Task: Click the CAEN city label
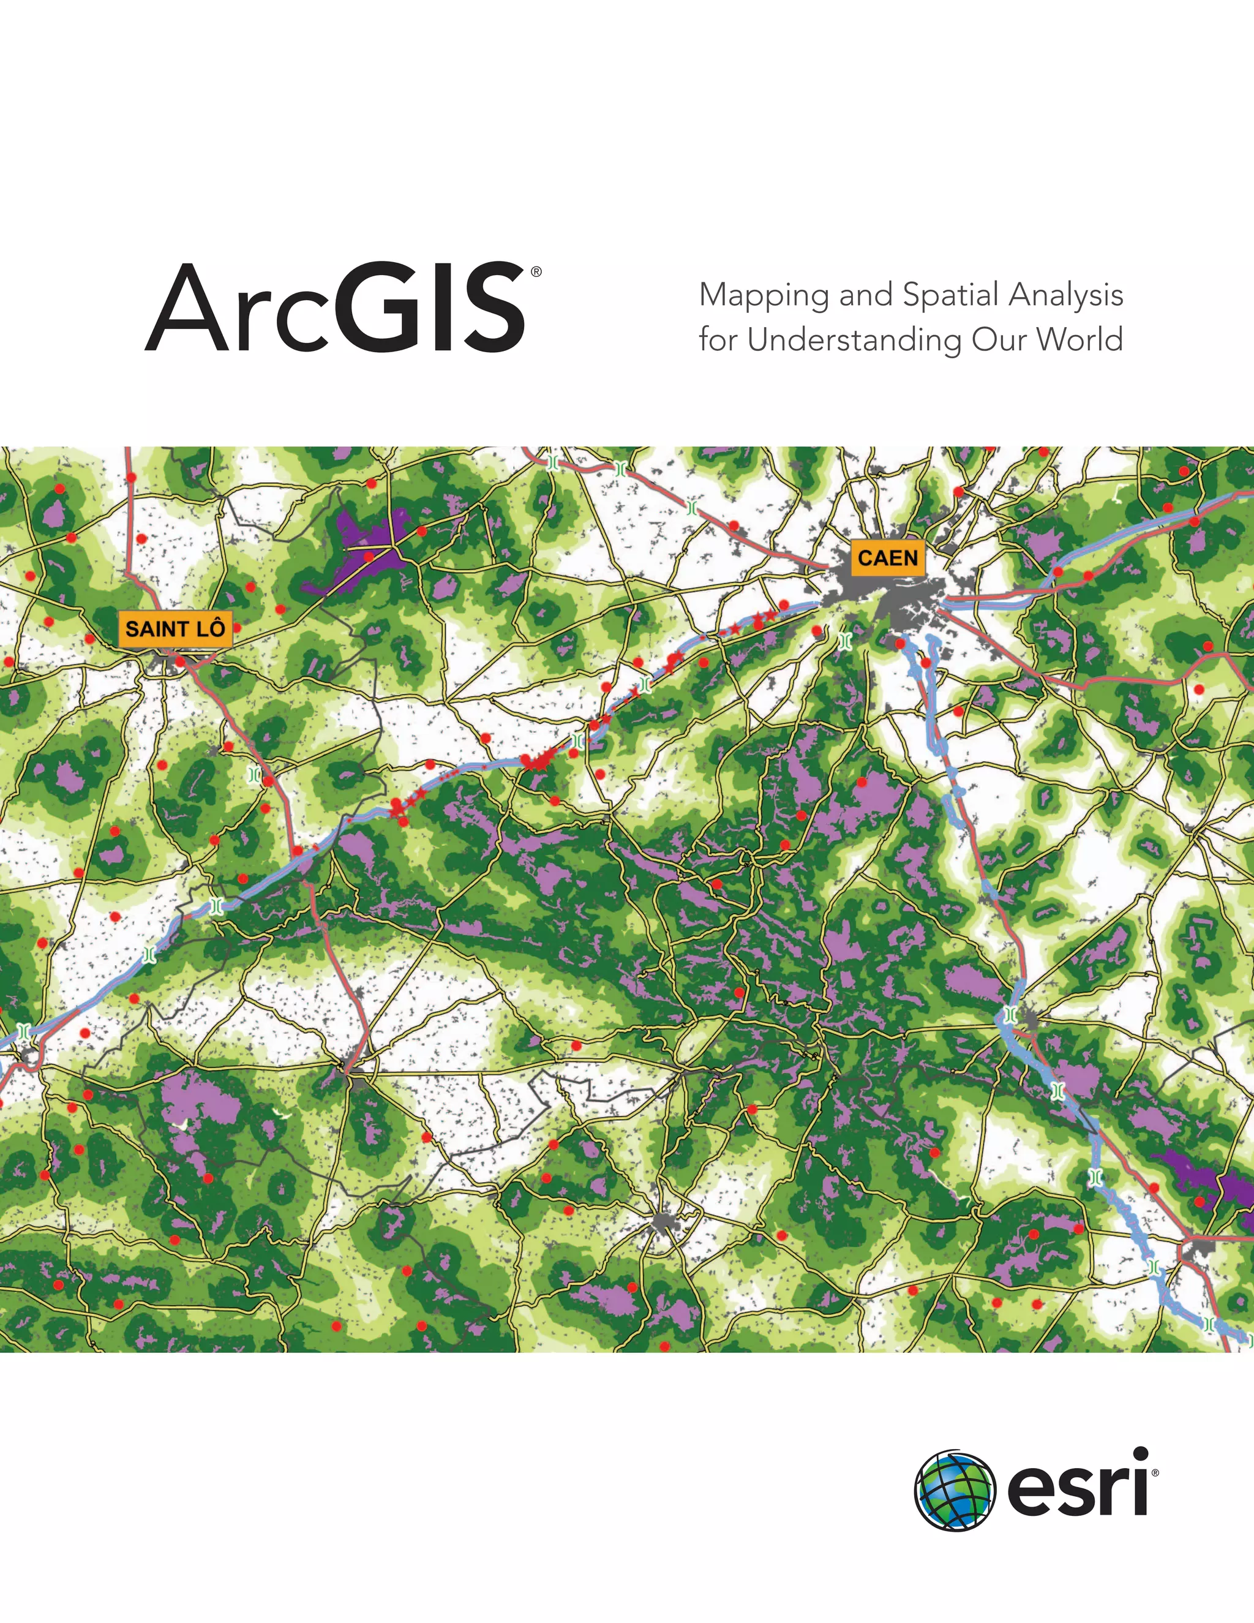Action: [888, 557]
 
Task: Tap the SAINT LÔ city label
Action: [175, 629]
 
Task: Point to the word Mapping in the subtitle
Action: [764, 296]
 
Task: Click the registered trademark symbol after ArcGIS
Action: [536, 272]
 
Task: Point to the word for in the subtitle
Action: [719, 340]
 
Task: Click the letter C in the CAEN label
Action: [865, 557]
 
